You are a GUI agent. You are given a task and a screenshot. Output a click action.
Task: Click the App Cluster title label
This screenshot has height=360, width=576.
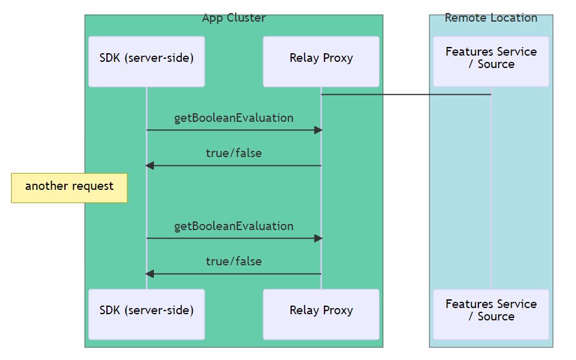pos(234,18)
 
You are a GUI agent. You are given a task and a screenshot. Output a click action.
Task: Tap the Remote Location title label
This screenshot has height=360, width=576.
pos(491,18)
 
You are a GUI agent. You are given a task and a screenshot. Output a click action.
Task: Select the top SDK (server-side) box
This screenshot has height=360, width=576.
pos(146,61)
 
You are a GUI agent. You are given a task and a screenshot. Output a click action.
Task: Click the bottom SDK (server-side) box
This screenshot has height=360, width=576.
pos(146,314)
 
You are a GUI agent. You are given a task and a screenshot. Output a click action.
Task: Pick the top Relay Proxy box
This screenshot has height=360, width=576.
pos(321,61)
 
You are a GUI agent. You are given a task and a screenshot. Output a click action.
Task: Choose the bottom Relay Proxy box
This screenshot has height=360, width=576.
pos(321,314)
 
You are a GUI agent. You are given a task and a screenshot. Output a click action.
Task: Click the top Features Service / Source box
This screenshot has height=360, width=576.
pos(491,61)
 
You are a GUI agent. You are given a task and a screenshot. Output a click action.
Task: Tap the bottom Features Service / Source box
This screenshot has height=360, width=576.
pos(491,314)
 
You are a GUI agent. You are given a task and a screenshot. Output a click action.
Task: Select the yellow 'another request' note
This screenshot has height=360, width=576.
pos(69,187)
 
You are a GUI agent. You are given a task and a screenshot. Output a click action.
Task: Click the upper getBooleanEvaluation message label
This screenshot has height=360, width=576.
pos(234,118)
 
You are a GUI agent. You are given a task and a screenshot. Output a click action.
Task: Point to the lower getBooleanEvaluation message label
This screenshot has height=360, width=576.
pos(234,226)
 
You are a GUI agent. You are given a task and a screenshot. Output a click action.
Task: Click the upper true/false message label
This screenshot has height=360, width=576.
pos(234,153)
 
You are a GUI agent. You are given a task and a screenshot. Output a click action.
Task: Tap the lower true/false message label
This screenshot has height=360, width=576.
pos(234,261)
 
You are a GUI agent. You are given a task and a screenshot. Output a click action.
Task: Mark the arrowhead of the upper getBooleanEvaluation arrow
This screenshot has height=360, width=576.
pos(318,130)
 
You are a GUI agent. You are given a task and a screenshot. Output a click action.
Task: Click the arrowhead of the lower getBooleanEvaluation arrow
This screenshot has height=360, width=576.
pos(318,238)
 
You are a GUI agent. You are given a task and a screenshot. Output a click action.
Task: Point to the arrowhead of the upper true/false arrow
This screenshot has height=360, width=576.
pos(150,166)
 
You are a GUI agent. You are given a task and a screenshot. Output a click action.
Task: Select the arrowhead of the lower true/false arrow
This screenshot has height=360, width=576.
pos(150,274)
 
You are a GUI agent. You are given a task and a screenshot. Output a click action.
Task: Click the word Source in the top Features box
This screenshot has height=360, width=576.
pos(496,64)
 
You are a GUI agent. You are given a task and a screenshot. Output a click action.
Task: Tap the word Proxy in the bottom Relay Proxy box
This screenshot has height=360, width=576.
pos(337,311)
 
